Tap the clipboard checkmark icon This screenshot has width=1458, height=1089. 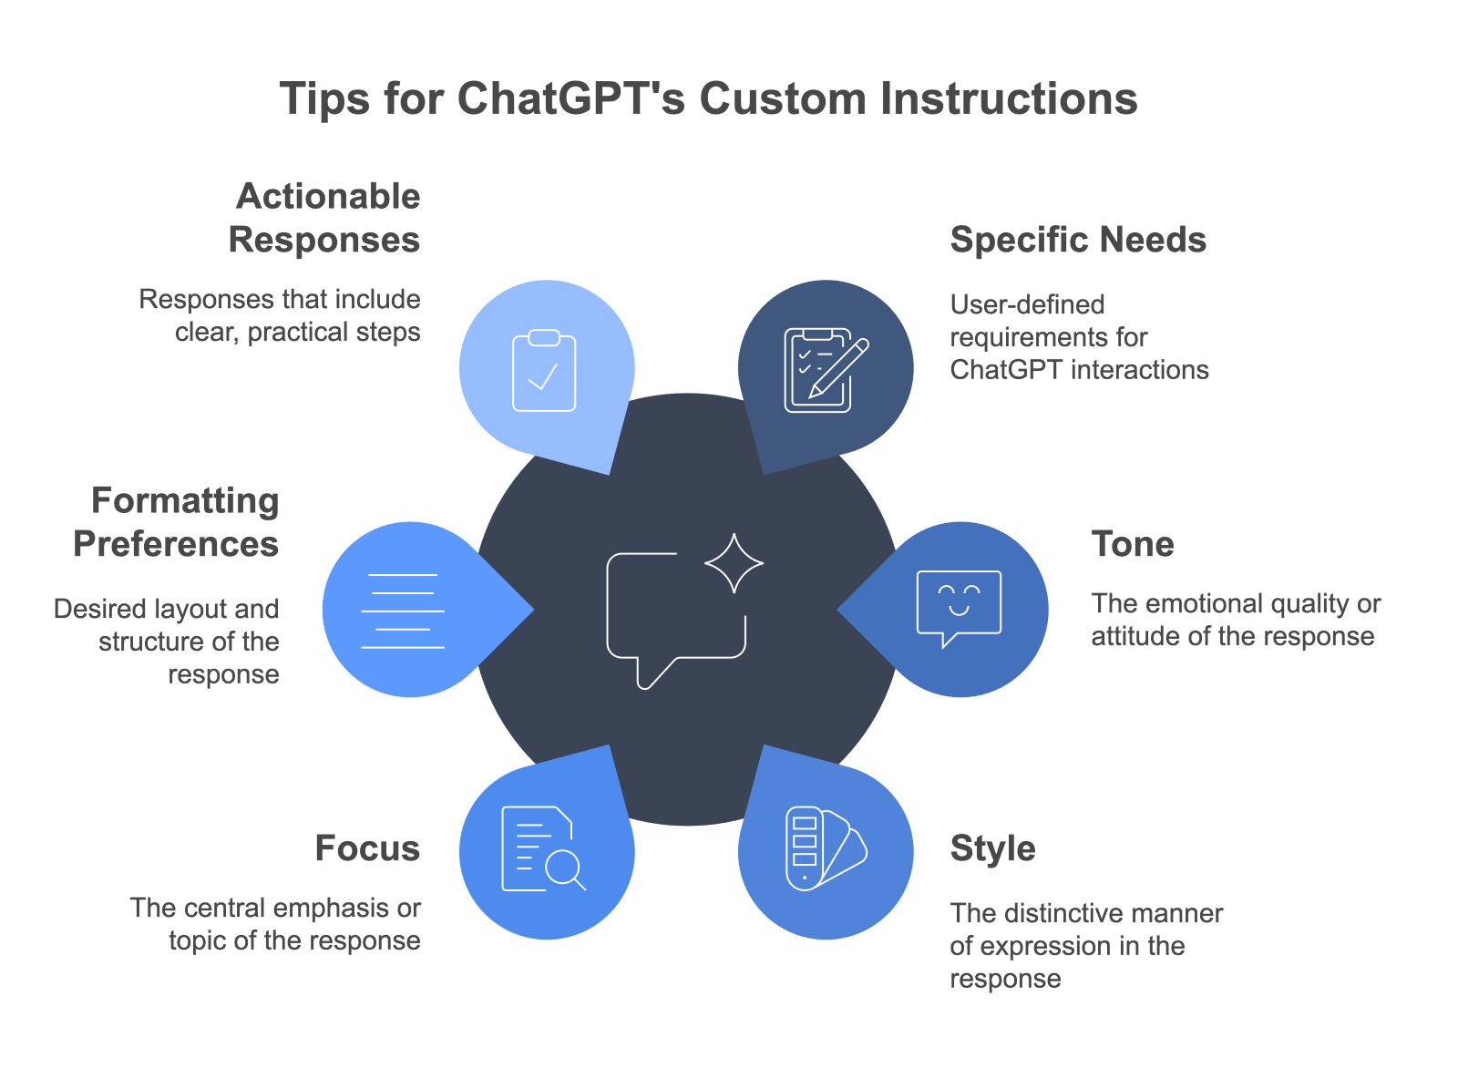click(544, 371)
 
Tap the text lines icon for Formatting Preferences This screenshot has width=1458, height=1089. click(403, 611)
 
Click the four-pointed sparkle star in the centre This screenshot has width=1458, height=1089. click(734, 563)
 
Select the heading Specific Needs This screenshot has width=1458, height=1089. click(1077, 240)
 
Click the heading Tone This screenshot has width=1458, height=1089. click(1133, 544)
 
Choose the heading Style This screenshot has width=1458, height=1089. click(992, 848)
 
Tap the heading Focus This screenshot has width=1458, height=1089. click(367, 848)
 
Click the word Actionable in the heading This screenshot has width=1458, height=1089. click(328, 196)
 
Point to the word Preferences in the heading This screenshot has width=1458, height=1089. click(176, 544)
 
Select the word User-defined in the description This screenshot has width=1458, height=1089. click(1027, 304)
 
